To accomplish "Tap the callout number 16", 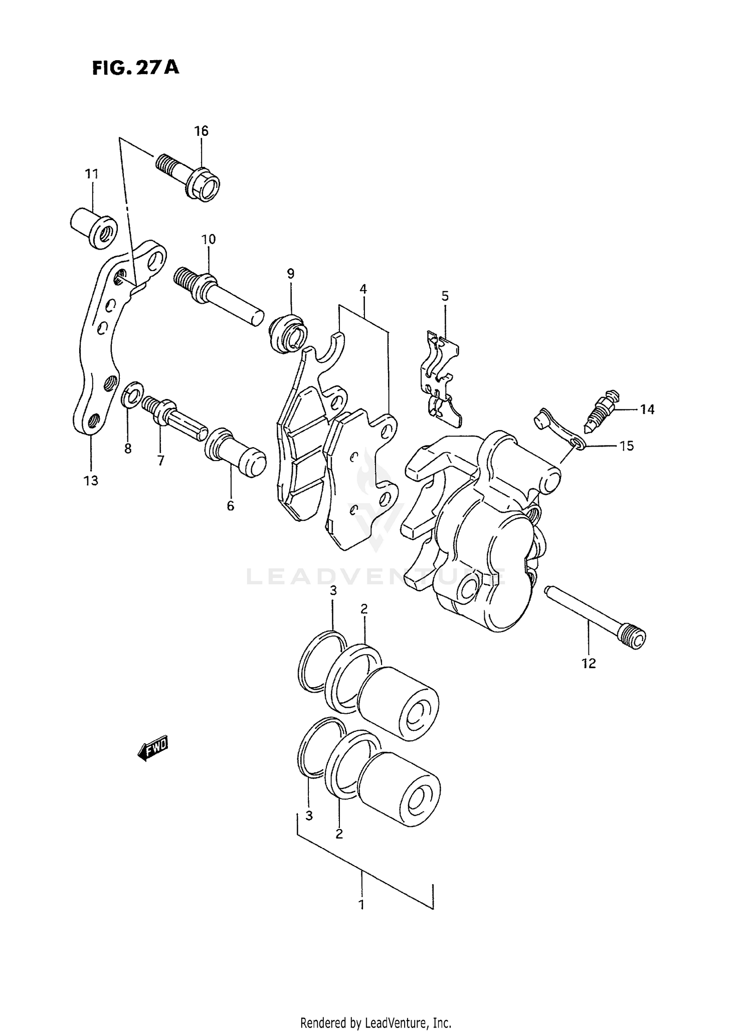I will pos(201,131).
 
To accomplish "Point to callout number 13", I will pos(91,481).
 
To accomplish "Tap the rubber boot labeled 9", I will pos(288,332).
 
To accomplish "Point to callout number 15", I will pos(627,446).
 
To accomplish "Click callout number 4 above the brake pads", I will pos(363,289).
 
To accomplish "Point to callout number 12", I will pos(589,664).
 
